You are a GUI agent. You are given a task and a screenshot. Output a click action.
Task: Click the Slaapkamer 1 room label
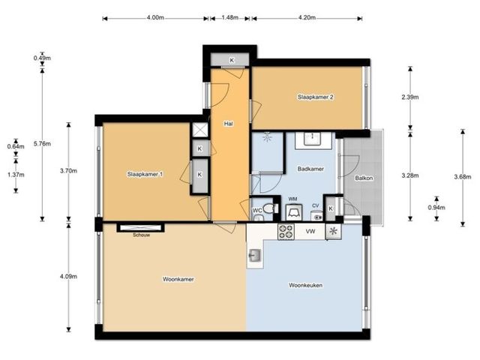pos(145,174)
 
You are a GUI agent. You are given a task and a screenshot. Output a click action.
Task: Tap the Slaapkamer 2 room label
pos(315,97)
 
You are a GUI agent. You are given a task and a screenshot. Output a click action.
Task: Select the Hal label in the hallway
pos(228,124)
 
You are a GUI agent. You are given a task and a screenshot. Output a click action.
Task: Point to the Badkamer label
pos(310,169)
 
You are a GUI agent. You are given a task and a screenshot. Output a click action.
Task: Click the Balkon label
pos(364,178)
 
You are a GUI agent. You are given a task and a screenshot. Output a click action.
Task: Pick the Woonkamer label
pos(178,279)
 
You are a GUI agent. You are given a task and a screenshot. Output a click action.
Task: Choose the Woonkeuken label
pos(305,285)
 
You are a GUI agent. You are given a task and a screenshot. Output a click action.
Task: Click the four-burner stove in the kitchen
pos(286,232)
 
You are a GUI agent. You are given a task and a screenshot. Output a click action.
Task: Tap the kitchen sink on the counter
pos(255,255)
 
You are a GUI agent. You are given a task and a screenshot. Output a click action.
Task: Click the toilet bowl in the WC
pos(269,208)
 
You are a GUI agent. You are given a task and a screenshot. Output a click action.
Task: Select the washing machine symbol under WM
pos(293,212)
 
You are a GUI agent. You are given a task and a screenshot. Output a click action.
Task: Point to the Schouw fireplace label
pos(142,235)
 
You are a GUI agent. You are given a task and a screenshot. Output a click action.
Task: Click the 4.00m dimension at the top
pos(155,17)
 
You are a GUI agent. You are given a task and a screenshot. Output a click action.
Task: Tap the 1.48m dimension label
pos(230,17)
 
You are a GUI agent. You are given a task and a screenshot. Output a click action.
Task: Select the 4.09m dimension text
pos(68,277)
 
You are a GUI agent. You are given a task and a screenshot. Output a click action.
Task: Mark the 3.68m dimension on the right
pos(463,177)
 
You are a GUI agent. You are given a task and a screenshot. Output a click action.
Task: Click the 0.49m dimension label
pos(42,58)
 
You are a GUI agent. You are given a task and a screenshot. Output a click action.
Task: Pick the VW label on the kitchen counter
pos(310,232)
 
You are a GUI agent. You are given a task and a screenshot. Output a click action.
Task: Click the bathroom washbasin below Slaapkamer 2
pos(312,139)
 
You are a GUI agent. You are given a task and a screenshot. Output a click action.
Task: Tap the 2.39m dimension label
pos(410,97)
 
